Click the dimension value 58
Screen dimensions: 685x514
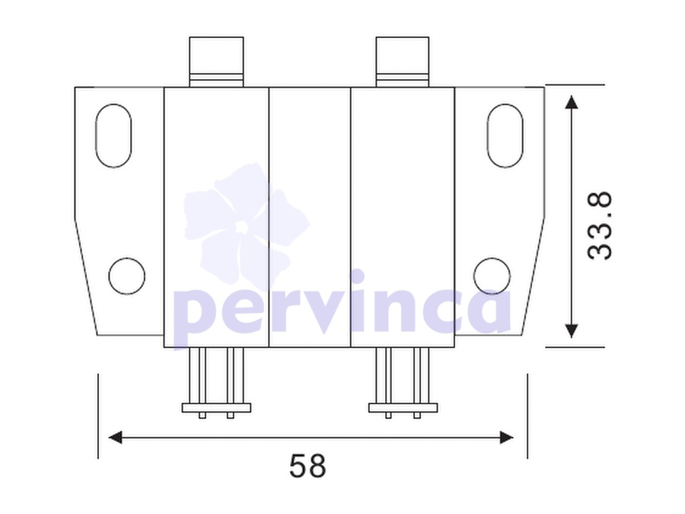307,466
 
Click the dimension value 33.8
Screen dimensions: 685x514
600,226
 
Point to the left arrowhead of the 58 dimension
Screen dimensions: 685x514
115,437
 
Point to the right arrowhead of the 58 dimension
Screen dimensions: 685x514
506,437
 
